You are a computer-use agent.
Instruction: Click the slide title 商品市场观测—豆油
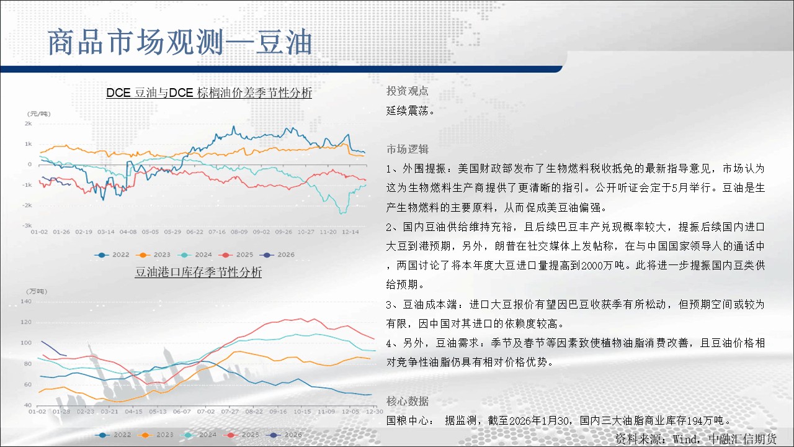(x=180, y=43)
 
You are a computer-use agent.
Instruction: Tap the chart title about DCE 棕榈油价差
(x=209, y=93)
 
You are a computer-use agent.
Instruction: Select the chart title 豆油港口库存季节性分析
(x=198, y=272)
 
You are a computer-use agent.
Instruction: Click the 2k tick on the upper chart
(x=29, y=124)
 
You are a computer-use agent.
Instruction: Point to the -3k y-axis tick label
(x=27, y=225)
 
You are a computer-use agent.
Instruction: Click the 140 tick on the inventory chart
(x=26, y=302)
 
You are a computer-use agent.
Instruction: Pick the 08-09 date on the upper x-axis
(x=239, y=232)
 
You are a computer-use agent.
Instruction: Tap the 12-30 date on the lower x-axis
(x=375, y=412)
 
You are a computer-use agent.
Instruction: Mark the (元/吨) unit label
(x=39, y=114)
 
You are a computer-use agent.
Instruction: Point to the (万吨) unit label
(x=37, y=291)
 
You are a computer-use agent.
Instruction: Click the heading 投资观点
(x=408, y=91)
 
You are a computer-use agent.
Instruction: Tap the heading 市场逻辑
(x=408, y=149)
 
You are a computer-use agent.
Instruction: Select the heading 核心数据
(x=408, y=401)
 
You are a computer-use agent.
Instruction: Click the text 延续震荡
(x=410, y=111)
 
